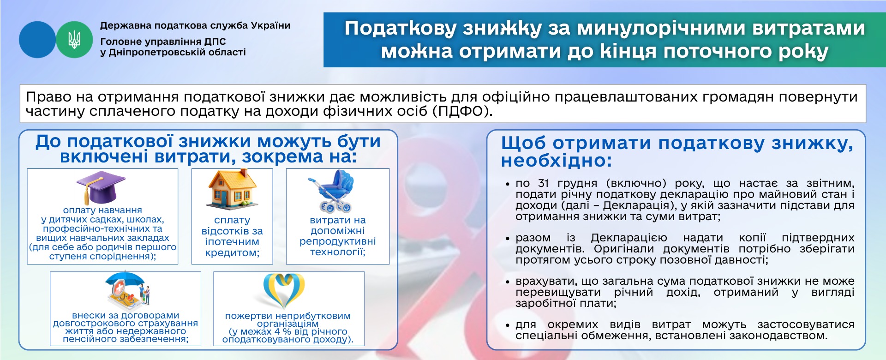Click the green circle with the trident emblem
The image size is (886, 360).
[74, 40]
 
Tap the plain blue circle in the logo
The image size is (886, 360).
[37, 40]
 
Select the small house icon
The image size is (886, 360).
[233, 190]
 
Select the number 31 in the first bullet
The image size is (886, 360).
[544, 183]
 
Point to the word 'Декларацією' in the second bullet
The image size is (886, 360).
[629, 238]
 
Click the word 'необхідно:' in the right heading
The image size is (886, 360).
[557, 161]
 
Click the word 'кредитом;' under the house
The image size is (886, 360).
[232, 253]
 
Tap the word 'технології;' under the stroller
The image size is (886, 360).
[338, 252]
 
